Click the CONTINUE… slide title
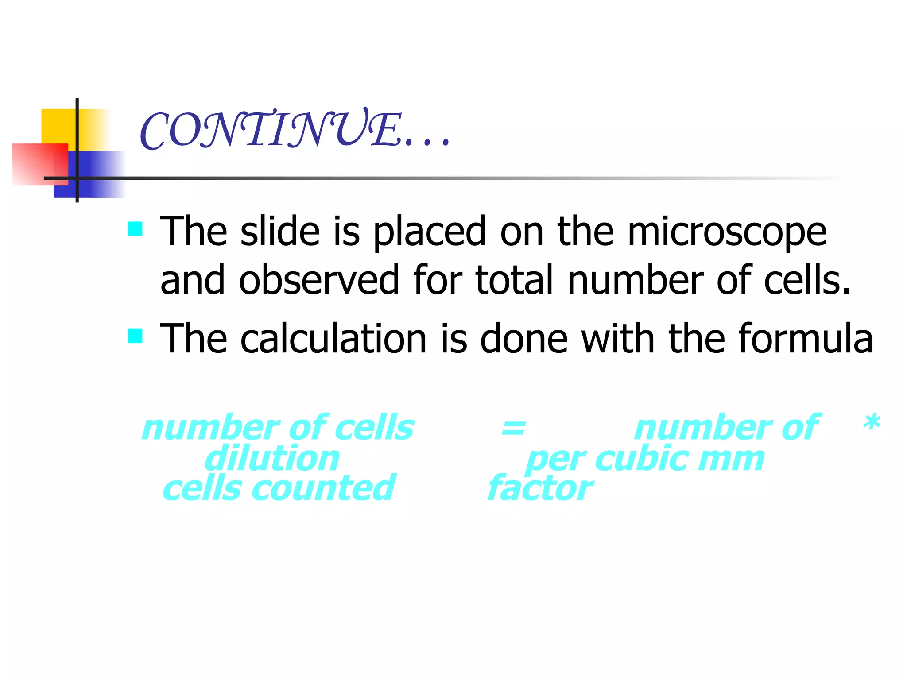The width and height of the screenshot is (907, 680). (295, 129)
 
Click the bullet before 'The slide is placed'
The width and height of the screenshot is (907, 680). (135, 229)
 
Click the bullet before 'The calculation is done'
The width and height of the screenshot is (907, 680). (135, 336)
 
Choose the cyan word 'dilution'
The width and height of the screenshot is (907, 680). (272, 459)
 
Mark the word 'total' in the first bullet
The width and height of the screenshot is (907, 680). (514, 280)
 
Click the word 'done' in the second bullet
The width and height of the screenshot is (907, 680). (524, 339)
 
